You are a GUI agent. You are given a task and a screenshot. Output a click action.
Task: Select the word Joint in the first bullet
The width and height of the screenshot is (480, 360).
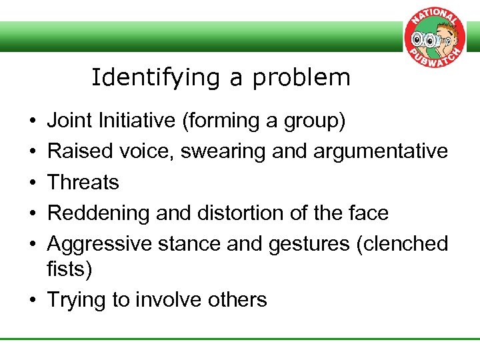[70, 121]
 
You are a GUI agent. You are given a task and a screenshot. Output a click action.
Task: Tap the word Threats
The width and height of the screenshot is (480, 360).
[83, 183]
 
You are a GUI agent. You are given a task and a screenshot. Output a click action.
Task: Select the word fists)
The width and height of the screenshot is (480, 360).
[70, 269]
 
